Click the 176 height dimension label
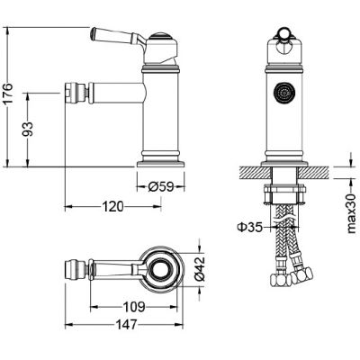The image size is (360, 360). [8, 93]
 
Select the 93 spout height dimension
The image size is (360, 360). [28, 129]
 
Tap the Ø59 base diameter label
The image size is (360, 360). [161, 187]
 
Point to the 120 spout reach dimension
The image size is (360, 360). [113, 206]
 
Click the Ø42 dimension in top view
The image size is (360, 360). [199, 269]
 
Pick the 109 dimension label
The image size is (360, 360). [134, 307]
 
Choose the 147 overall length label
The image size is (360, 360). [126, 324]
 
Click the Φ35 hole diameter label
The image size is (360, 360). [250, 227]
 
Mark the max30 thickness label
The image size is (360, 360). [351, 213]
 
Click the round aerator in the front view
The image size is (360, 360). [283, 93]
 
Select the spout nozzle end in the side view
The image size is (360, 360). [69, 93]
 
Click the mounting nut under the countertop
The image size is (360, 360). [284, 195]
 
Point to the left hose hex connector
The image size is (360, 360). [278, 280]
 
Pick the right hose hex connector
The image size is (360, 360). [302, 275]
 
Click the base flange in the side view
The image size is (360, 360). [161, 164]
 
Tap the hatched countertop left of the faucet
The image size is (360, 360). [255, 172]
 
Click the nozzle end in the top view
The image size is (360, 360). [69, 268]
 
